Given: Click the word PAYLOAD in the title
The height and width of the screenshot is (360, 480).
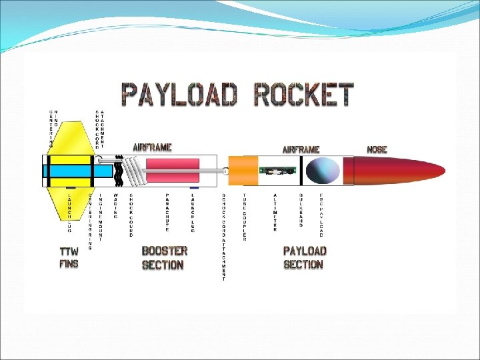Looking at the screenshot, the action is point(179,95).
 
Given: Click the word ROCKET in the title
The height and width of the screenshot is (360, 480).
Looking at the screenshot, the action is point(304,95).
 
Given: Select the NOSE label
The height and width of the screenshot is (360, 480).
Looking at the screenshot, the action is point(377,149).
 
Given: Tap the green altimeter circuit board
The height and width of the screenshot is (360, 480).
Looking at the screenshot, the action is point(278,171).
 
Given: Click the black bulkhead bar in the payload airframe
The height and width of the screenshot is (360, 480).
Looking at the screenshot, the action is point(304,171).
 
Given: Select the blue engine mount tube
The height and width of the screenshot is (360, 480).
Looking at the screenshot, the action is point(67,171).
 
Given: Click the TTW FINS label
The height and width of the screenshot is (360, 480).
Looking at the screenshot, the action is point(69,257).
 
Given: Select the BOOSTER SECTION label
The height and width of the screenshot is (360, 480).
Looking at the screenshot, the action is point(164,257).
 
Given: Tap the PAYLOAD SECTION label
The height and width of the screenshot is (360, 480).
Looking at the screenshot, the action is point(304,257).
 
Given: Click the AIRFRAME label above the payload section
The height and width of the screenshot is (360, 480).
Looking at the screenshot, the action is point(301,149).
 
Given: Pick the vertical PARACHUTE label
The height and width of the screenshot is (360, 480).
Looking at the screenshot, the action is point(167,213).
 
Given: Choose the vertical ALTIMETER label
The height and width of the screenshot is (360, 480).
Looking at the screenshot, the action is point(275,213).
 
